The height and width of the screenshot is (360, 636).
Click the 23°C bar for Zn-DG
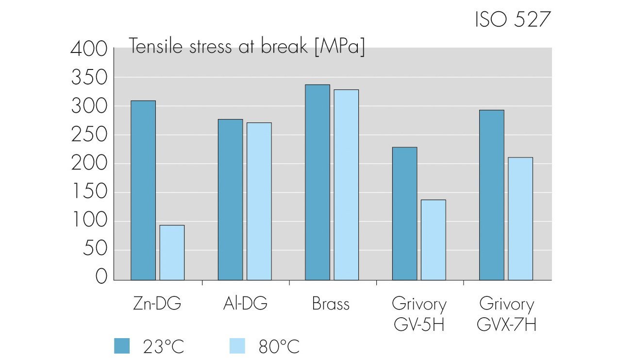pos(143,190)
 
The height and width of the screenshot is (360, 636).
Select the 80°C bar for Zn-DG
pos(172,252)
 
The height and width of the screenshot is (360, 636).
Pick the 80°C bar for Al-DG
pos(259,201)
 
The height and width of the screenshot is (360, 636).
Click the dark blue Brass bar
pos(317,182)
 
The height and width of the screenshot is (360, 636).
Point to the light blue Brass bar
pos(346,185)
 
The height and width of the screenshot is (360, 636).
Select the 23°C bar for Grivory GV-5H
pos(404,213)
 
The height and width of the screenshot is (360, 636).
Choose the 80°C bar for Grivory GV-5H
pos(433,240)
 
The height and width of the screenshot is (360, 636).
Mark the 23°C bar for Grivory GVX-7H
pos(491,195)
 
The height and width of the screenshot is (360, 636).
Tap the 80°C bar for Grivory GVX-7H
pos(520,219)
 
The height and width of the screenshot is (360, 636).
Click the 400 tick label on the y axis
pos(89,49)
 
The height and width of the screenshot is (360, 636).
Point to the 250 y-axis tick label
pos(89,135)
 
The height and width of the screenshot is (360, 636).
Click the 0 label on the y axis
pos(101,277)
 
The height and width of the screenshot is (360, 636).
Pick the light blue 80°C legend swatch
pos(236,346)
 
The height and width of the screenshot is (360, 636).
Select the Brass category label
pos(331,304)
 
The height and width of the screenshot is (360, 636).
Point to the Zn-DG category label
pos(157,304)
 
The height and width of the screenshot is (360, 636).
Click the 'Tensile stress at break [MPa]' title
pos(247,47)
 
